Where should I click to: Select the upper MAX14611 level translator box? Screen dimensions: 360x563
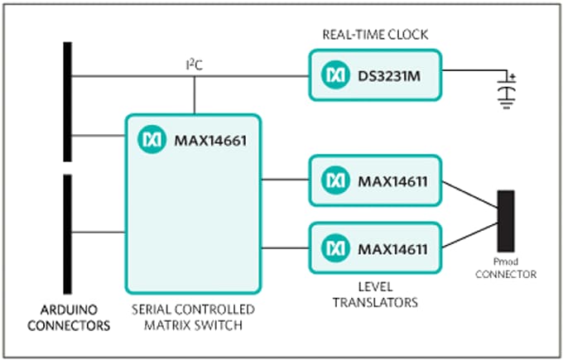pos(375,179)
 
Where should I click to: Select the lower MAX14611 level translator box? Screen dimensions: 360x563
pos(375,247)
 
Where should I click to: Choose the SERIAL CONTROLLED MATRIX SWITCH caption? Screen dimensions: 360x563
pos(193,317)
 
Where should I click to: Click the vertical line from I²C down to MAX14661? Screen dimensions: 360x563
pos(195,95)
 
